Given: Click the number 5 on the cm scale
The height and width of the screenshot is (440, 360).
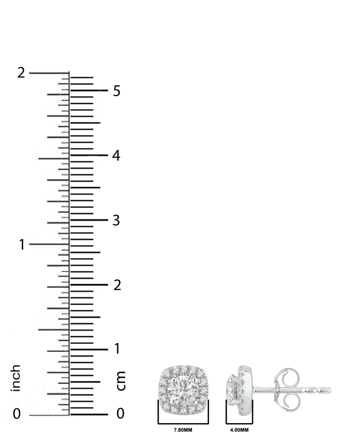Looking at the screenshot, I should click(x=116, y=91).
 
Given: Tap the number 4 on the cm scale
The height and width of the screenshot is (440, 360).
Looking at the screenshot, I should click(x=116, y=156).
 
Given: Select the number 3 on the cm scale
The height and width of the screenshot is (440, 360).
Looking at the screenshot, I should click(x=116, y=220).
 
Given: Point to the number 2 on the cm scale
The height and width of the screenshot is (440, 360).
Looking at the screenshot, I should click(x=117, y=285).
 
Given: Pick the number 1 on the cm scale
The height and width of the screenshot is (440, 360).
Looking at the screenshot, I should click(x=117, y=349).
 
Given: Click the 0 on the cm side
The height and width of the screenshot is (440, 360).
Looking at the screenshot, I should click(x=120, y=414).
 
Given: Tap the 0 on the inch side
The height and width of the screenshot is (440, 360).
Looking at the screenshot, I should click(x=17, y=414).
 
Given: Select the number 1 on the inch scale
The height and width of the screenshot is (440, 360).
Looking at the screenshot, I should click(x=22, y=245).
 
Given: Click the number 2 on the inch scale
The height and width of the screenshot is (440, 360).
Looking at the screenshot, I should click(x=21, y=73).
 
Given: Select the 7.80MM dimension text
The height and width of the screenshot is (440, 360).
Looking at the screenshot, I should click(x=183, y=430).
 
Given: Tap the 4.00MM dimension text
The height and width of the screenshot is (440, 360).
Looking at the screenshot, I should click(x=239, y=430).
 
